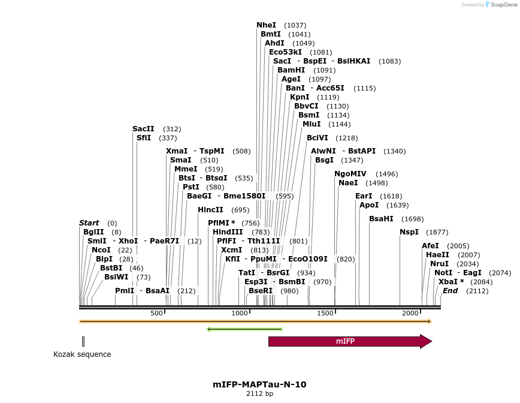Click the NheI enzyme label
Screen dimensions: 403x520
pyautogui.click(x=267, y=25)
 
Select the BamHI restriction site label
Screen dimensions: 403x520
pyautogui.click(x=291, y=70)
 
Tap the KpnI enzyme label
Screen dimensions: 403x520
pyautogui.click(x=300, y=97)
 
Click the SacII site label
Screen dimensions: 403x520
pyautogui.click(x=143, y=129)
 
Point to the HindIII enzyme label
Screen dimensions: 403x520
pyautogui.click(x=228, y=232)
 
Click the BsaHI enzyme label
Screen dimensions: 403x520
pyautogui.click(x=381, y=219)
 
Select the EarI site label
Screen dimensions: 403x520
pyautogui.click(x=364, y=196)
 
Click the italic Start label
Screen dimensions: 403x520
pyautogui.click(x=89, y=223)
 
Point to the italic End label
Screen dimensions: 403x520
pyautogui.click(x=450, y=291)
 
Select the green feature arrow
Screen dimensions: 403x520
pyautogui.click(x=244, y=329)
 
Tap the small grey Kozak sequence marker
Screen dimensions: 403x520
pyautogui.click(x=83, y=341)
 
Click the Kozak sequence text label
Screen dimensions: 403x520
pyautogui.click(x=82, y=354)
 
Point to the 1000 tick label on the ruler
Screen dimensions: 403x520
pyautogui.click(x=240, y=314)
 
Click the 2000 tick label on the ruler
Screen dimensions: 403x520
pyautogui.click(x=411, y=314)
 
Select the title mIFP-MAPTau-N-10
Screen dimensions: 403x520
pyautogui.click(x=259, y=384)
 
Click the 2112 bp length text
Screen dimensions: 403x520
pyautogui.click(x=259, y=394)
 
